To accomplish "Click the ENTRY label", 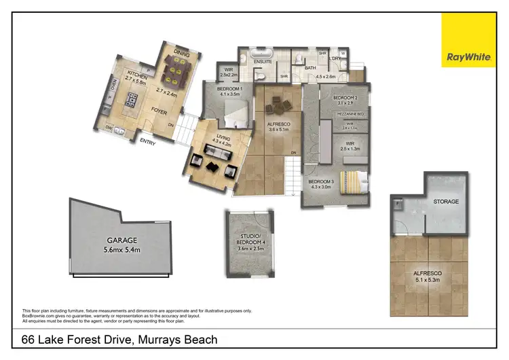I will pos(148,142).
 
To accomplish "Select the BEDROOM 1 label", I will pos(230,90).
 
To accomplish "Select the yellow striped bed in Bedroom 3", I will pos(354,181).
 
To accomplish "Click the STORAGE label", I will pos(446,202).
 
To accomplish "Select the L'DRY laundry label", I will pos(333,59).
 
